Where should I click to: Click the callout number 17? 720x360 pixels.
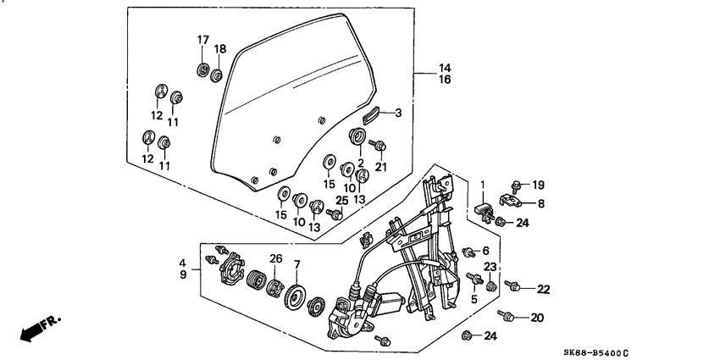click(x=203, y=40)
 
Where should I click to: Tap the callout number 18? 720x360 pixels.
click(x=220, y=49)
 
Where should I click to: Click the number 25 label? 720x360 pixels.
click(x=341, y=200)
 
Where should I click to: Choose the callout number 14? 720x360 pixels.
click(x=445, y=67)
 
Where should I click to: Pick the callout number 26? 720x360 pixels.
click(x=275, y=258)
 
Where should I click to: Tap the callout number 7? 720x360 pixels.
click(x=296, y=266)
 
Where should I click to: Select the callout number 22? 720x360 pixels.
click(x=543, y=289)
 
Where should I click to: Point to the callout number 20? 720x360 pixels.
click(x=536, y=318)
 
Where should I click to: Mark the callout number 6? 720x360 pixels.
click(x=486, y=252)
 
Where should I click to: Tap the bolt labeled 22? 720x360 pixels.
click(x=512, y=285)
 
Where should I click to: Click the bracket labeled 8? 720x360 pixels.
click(x=509, y=202)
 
